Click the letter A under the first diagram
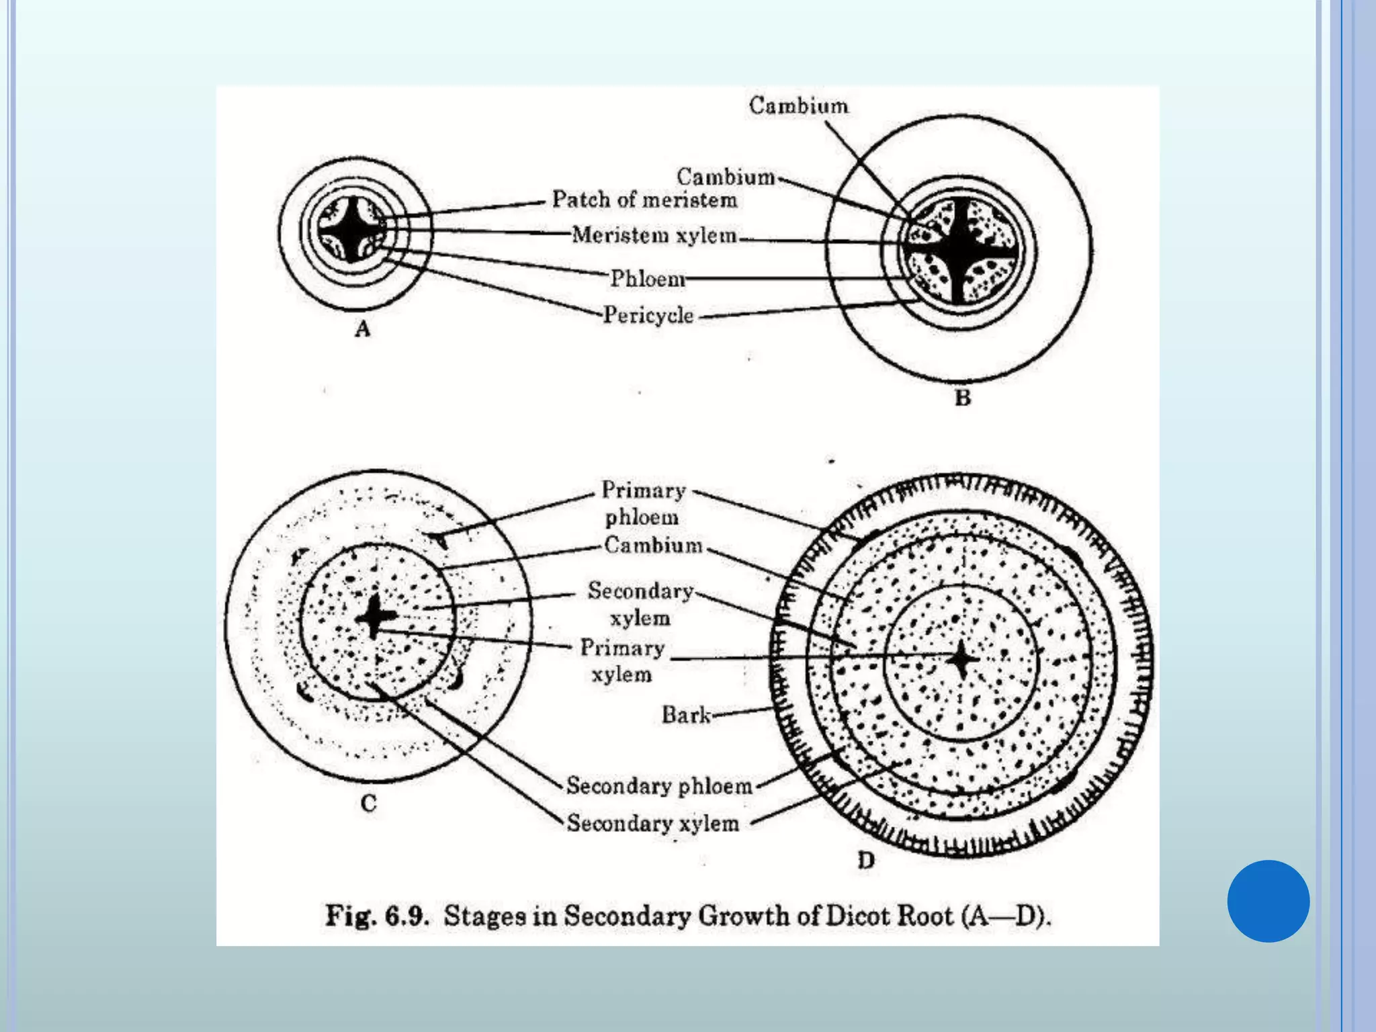point(363,329)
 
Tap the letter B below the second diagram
point(963,398)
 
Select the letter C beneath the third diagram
point(368,804)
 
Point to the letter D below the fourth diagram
point(866,861)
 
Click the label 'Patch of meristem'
point(644,200)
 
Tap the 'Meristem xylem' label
point(654,235)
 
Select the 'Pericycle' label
point(648,314)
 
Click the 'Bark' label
point(685,714)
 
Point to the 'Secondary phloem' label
point(659,785)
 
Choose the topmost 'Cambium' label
point(798,105)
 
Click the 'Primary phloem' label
point(643,503)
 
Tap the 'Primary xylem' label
point(622,660)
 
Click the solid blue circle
point(1268,901)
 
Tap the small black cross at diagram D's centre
point(961,660)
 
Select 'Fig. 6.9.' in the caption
point(377,916)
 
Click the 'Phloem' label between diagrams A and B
point(647,278)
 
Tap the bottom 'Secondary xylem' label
point(652,823)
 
